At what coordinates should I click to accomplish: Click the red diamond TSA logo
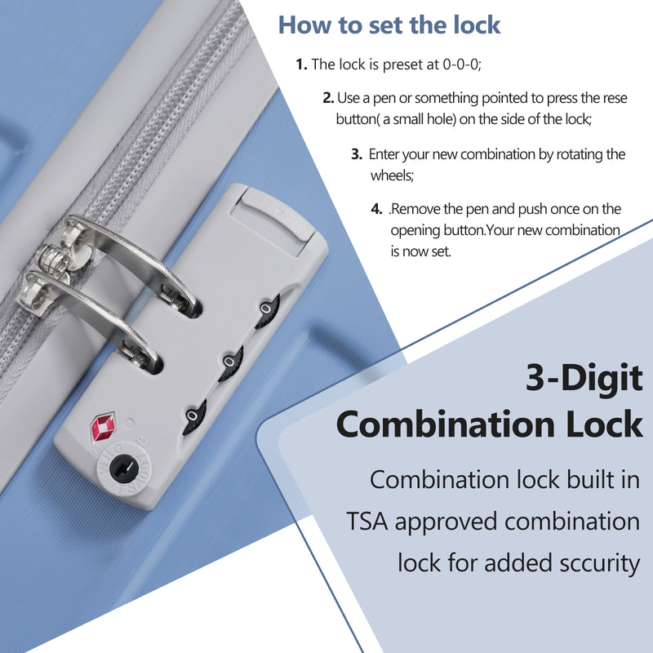coord(103,426)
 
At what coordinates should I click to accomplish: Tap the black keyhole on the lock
coord(124,469)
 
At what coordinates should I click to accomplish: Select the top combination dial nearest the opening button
coord(267,311)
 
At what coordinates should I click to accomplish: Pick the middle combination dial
coord(231,362)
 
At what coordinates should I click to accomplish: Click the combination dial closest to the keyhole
coord(194,417)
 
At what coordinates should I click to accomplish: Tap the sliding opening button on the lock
coord(273,223)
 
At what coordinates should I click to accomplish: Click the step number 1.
coord(301,64)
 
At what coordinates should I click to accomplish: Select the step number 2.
coord(328,98)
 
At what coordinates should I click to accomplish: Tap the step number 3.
coord(357,154)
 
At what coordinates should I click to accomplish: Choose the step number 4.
coord(376,209)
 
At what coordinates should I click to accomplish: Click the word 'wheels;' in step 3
coord(392,175)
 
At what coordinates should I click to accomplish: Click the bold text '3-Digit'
coord(584,379)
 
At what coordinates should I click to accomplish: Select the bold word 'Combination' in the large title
coord(445,424)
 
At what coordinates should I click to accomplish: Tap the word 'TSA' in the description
coord(366,522)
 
